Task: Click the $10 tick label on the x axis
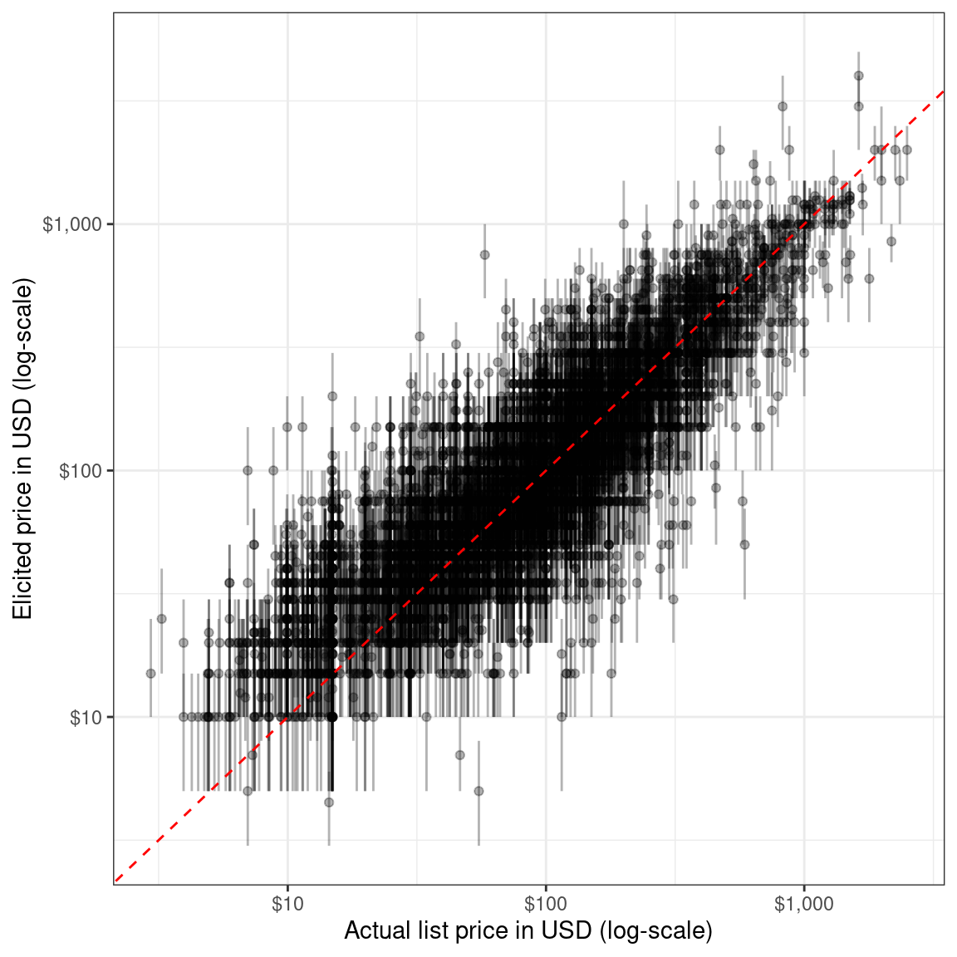287,904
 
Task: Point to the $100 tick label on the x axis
545,904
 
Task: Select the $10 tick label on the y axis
86,718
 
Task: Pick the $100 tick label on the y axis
81,471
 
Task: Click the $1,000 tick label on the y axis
73,224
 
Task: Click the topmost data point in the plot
858,76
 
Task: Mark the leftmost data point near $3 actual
150,673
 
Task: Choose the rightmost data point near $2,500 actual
906,150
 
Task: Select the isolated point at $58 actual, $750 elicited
484,254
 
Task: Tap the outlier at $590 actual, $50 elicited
744,544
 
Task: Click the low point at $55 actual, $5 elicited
478,791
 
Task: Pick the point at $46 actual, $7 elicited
459,755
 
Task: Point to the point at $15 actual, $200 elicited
332,396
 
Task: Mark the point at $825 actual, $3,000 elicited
782,106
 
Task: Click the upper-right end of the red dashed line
943,92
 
